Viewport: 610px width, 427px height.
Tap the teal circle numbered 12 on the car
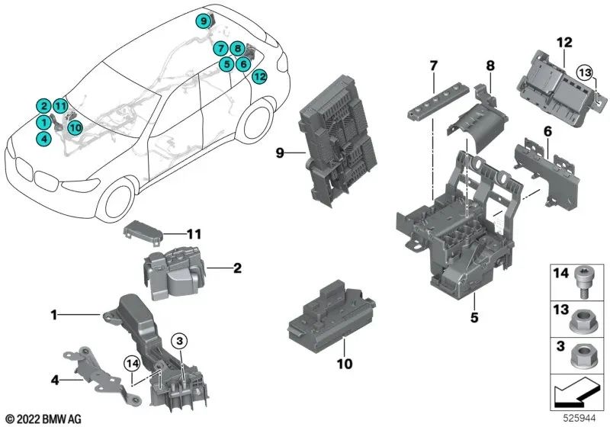point(259,76)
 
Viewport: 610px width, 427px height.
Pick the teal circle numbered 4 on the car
point(44,138)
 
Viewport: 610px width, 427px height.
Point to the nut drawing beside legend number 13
point(586,315)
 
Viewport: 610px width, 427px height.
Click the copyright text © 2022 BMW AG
point(43,419)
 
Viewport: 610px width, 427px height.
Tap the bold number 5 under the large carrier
point(473,313)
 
